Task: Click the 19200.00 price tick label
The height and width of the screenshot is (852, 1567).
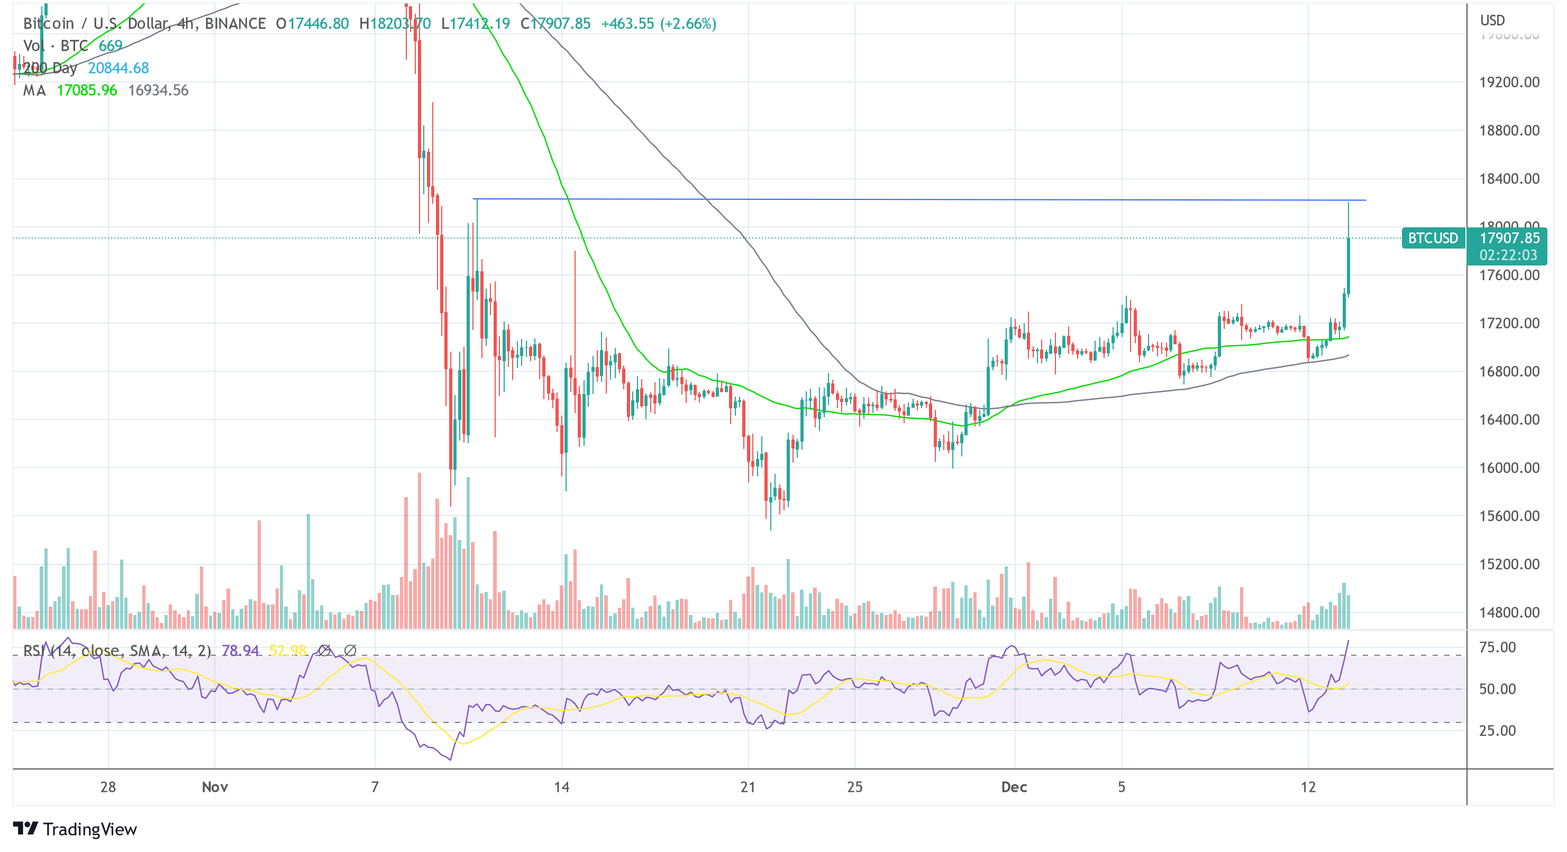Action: [1509, 82]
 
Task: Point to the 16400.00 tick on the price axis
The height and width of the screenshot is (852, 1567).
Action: [1509, 419]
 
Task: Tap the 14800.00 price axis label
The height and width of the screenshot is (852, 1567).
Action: [1509, 612]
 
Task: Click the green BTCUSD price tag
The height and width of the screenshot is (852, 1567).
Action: [1433, 238]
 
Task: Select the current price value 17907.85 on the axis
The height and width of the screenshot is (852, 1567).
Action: [1509, 238]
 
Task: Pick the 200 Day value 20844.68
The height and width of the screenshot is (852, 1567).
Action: [118, 68]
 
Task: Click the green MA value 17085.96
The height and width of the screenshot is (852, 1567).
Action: [86, 90]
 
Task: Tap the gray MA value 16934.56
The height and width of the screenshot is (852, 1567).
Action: [158, 90]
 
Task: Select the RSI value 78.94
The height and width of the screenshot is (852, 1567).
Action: [240, 651]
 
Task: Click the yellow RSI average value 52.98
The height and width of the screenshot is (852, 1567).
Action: [288, 651]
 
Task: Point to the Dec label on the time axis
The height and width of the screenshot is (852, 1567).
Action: [1014, 787]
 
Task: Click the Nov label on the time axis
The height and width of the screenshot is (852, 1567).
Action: [215, 787]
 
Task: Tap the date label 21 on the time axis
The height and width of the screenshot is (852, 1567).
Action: [748, 787]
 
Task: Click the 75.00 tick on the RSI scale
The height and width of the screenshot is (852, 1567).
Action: [1497, 647]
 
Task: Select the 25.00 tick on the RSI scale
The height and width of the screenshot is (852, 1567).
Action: [1497, 730]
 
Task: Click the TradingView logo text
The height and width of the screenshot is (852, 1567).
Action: [89, 829]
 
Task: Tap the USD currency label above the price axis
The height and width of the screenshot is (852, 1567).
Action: [1492, 20]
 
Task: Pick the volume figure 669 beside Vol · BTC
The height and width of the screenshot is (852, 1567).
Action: [110, 45]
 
